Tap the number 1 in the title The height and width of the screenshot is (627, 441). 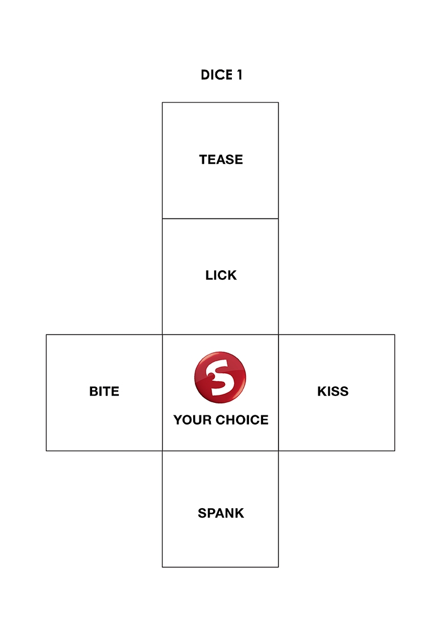pos(239,75)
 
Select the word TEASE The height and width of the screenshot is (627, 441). pos(221,160)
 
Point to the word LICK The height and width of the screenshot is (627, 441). pos(221,276)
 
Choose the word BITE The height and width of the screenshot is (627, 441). pos(104,392)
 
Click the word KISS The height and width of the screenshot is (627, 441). pos(333,392)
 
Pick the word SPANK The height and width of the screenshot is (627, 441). pos(221,513)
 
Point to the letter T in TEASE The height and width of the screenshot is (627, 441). pos(203,160)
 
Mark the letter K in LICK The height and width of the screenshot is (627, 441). pos(232,276)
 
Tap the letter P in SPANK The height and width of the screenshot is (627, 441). pos(210,513)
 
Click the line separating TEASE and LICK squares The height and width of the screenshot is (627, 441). pos(220,218)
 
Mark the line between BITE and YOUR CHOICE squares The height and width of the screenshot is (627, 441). pos(163,393)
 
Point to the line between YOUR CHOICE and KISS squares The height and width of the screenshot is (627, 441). pos(278,393)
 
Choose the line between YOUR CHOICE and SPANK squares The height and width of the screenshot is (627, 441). pos(220,451)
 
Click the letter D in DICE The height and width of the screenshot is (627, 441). pos(205,75)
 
